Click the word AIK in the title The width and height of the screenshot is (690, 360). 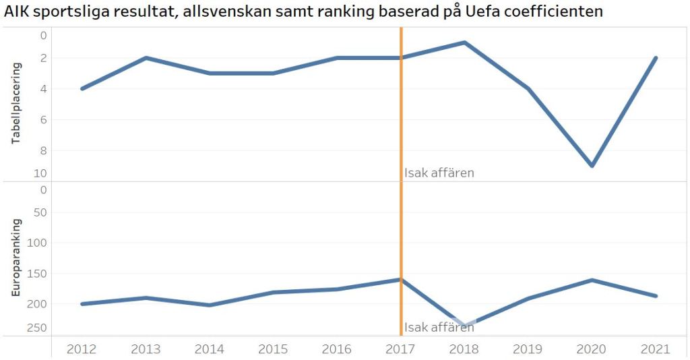coord(17,11)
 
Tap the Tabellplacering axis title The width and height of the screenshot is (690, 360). coord(17,103)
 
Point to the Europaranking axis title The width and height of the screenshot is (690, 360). coord(17,258)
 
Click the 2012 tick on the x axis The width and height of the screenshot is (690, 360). coord(81,349)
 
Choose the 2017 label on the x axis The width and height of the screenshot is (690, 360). coord(401,349)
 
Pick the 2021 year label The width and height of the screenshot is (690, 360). coord(656,349)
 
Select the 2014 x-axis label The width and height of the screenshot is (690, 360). coord(209,349)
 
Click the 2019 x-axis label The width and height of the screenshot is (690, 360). coord(528,349)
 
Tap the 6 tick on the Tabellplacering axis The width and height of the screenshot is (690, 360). coord(44,119)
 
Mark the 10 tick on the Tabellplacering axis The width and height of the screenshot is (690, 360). coord(41,173)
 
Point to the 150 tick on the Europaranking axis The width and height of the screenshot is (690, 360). coord(38,274)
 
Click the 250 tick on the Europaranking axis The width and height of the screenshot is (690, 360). coord(38,328)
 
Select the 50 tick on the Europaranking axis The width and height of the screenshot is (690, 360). coord(40,212)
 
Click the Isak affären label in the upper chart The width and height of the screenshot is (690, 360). coord(439,173)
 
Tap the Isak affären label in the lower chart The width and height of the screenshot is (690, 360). coord(439,328)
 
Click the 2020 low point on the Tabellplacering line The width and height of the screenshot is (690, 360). coord(592,165)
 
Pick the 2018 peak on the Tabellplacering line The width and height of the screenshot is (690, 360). coord(464,42)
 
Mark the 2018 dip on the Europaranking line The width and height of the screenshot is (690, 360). coord(464,325)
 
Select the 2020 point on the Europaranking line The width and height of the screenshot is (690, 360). coord(592,280)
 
